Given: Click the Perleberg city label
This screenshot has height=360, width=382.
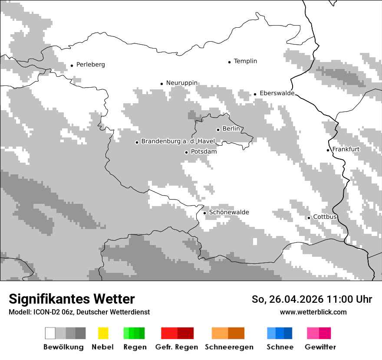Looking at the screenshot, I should (90, 65).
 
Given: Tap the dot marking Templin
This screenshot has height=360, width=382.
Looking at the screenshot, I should (229, 62).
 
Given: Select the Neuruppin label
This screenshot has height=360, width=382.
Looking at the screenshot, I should (181, 83).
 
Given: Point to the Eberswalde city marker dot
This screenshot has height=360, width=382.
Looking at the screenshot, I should (255, 94).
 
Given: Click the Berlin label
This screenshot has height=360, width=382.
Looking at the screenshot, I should (231, 129).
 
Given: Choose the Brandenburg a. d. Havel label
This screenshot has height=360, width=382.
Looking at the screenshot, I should (178, 141).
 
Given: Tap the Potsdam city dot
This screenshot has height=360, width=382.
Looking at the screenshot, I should (186, 152).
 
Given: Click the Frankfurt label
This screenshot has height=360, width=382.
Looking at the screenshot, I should (346, 149).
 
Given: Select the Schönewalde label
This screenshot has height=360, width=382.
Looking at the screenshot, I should (229, 212).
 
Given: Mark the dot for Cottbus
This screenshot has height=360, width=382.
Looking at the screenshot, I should (309, 218).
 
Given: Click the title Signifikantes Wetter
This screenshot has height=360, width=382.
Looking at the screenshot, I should (72, 299).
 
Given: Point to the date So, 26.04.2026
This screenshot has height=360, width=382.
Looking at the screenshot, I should (288, 299).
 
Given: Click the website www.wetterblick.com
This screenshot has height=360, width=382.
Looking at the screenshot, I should (313, 312).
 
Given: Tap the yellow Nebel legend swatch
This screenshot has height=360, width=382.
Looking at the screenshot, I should (103, 333).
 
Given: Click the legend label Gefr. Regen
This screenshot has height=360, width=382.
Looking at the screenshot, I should (176, 347).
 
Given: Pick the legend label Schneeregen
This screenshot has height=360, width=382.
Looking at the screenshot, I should (229, 347).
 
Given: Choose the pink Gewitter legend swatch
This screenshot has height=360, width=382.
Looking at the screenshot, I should (313, 333).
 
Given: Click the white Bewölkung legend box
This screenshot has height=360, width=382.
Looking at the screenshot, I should (50, 333).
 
